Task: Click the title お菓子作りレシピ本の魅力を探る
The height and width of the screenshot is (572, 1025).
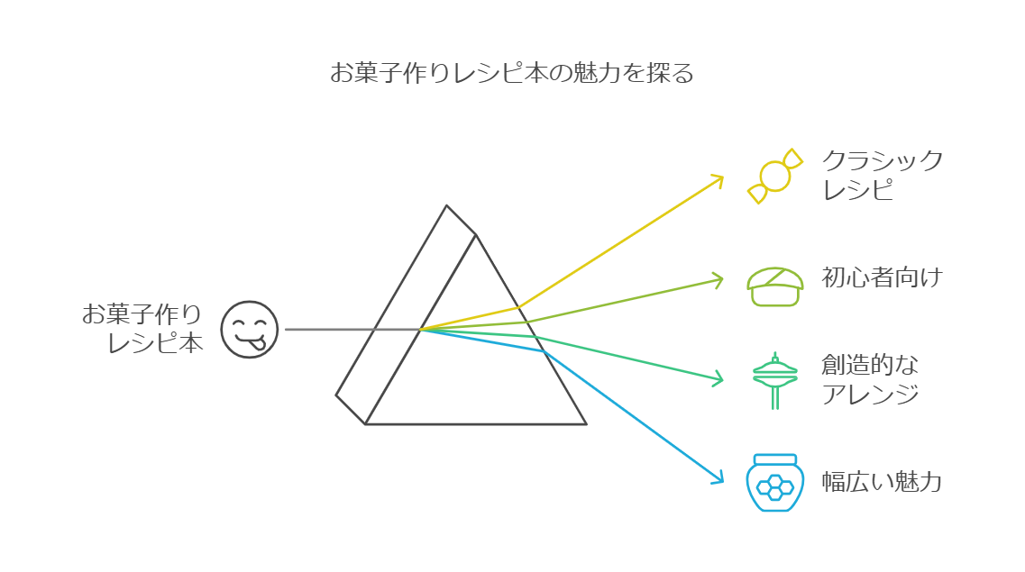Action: [512, 74]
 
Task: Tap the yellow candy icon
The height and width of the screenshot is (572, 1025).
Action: [774, 176]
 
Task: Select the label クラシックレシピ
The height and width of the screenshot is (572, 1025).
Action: [881, 176]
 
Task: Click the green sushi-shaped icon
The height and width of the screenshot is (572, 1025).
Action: [774, 286]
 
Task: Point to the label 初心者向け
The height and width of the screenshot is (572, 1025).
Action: [881, 277]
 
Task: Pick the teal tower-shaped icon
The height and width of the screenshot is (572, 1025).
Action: [774, 378]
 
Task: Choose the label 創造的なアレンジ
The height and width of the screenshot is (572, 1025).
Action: [870, 379]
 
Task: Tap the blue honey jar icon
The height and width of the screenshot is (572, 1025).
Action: [774, 483]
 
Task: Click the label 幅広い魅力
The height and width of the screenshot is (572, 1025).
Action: [881, 482]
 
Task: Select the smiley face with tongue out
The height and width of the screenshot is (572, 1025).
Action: [250, 329]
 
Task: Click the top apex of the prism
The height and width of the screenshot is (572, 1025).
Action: [446, 206]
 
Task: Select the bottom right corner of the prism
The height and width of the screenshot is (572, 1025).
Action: [586, 423]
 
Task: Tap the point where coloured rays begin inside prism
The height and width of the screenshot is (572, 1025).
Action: [421, 329]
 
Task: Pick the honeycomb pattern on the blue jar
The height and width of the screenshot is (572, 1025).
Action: [774, 486]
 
